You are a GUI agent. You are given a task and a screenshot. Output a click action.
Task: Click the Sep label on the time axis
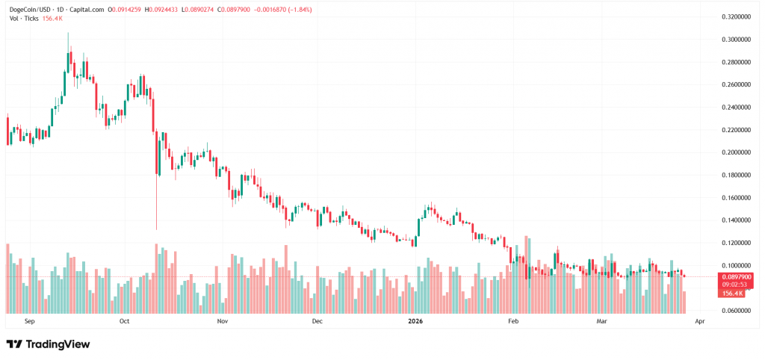(30, 321)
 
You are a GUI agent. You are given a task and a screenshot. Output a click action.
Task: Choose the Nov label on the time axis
(222, 321)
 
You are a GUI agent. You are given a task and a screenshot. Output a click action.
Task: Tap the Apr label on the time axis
(699, 321)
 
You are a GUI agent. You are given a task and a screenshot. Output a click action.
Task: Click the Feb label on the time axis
(512, 321)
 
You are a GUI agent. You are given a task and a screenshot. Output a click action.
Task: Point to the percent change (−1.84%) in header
(296, 10)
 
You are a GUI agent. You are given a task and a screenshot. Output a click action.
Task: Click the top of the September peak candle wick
(68, 34)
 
